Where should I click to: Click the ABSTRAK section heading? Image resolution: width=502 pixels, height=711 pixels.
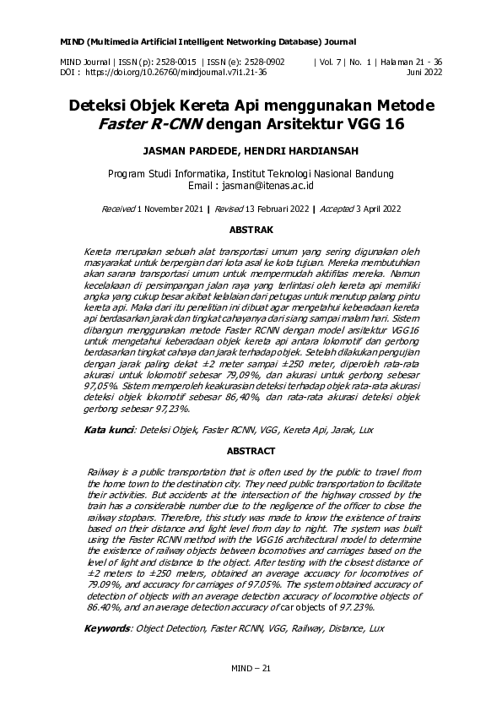tap(251, 230)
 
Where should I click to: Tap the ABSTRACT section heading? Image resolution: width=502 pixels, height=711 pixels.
tap(251, 451)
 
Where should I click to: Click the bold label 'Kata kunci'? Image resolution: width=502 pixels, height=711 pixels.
tap(108, 430)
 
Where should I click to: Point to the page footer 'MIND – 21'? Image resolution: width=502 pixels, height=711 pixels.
tap(251, 669)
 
